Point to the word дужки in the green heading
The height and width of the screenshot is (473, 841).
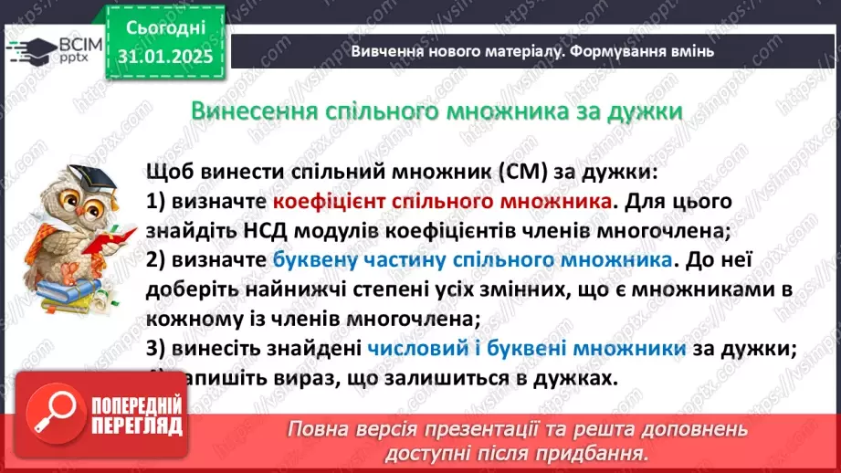647,111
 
